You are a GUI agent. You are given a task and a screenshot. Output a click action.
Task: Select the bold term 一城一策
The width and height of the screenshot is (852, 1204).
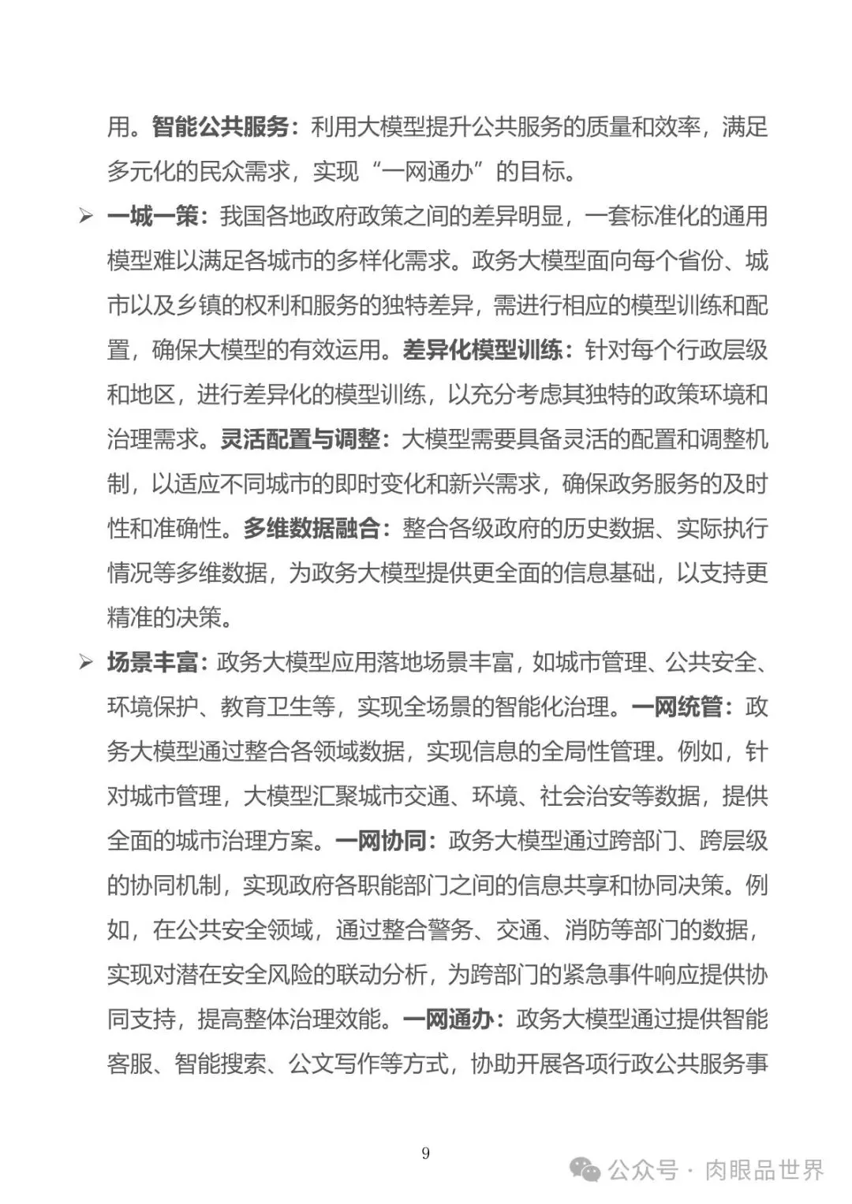(153, 216)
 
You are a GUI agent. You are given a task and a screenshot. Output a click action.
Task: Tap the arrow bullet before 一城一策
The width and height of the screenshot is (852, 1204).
(86, 216)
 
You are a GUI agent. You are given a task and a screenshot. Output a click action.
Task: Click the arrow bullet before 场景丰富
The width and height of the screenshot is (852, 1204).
(86, 662)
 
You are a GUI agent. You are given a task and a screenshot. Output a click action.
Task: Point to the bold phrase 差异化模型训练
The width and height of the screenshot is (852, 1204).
(483, 350)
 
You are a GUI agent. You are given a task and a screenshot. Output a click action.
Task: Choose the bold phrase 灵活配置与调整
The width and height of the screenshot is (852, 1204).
(300, 439)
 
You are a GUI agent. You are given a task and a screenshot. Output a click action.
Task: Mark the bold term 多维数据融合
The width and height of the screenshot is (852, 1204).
(312, 528)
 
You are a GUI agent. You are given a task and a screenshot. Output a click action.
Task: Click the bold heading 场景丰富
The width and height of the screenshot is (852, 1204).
(153, 662)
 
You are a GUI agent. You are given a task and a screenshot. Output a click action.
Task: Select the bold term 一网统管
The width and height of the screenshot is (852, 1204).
(678, 707)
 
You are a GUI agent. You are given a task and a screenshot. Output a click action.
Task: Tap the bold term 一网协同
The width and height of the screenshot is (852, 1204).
(381, 841)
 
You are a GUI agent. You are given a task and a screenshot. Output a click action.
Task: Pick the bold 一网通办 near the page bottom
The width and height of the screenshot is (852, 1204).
(448, 1019)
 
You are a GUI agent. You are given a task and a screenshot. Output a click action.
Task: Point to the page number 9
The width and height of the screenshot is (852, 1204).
(426, 1154)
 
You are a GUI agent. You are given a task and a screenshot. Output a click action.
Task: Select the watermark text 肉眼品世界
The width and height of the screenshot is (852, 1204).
(764, 1170)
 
